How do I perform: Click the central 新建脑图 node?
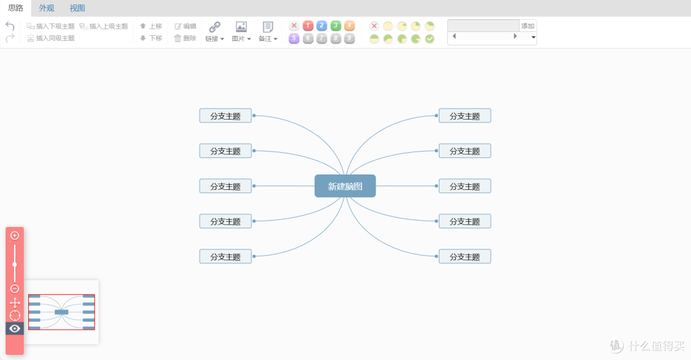point(345,186)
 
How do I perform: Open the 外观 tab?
point(46,8)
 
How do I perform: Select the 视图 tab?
point(77,8)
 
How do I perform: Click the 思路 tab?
point(15,8)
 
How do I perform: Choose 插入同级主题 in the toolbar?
point(51,38)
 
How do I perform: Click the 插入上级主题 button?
point(104,26)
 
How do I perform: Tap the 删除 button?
point(185,38)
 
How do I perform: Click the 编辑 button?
point(186,26)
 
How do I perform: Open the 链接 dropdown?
point(214,32)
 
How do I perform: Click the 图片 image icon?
point(241,26)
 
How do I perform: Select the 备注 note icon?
point(268,26)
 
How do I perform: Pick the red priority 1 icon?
point(308,26)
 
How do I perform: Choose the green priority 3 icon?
point(336,26)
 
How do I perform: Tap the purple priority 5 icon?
point(294,38)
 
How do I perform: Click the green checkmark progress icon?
point(430,39)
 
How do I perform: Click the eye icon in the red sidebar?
point(15,329)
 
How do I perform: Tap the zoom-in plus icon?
point(15,236)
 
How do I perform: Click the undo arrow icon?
point(10,26)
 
